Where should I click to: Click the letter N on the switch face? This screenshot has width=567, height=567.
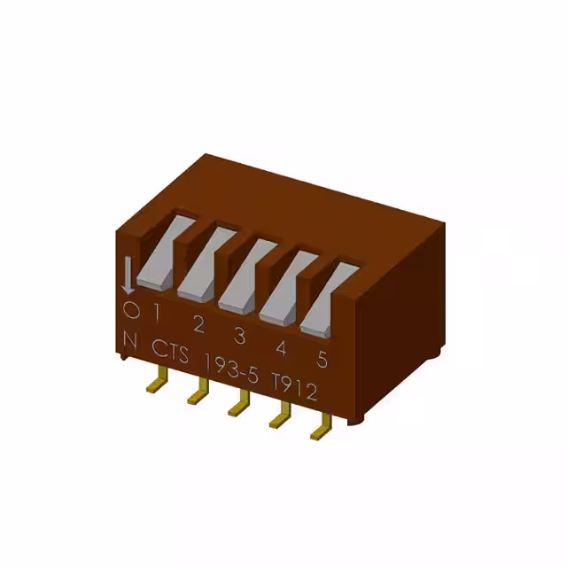tap(131, 339)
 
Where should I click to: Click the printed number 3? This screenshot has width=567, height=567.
tap(239, 335)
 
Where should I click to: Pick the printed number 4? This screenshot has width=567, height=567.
tap(281, 347)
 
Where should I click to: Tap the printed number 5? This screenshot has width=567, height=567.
tap(322, 359)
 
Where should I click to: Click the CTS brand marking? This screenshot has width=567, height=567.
tap(171, 352)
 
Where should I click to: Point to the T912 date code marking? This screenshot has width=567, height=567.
tap(294, 387)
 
